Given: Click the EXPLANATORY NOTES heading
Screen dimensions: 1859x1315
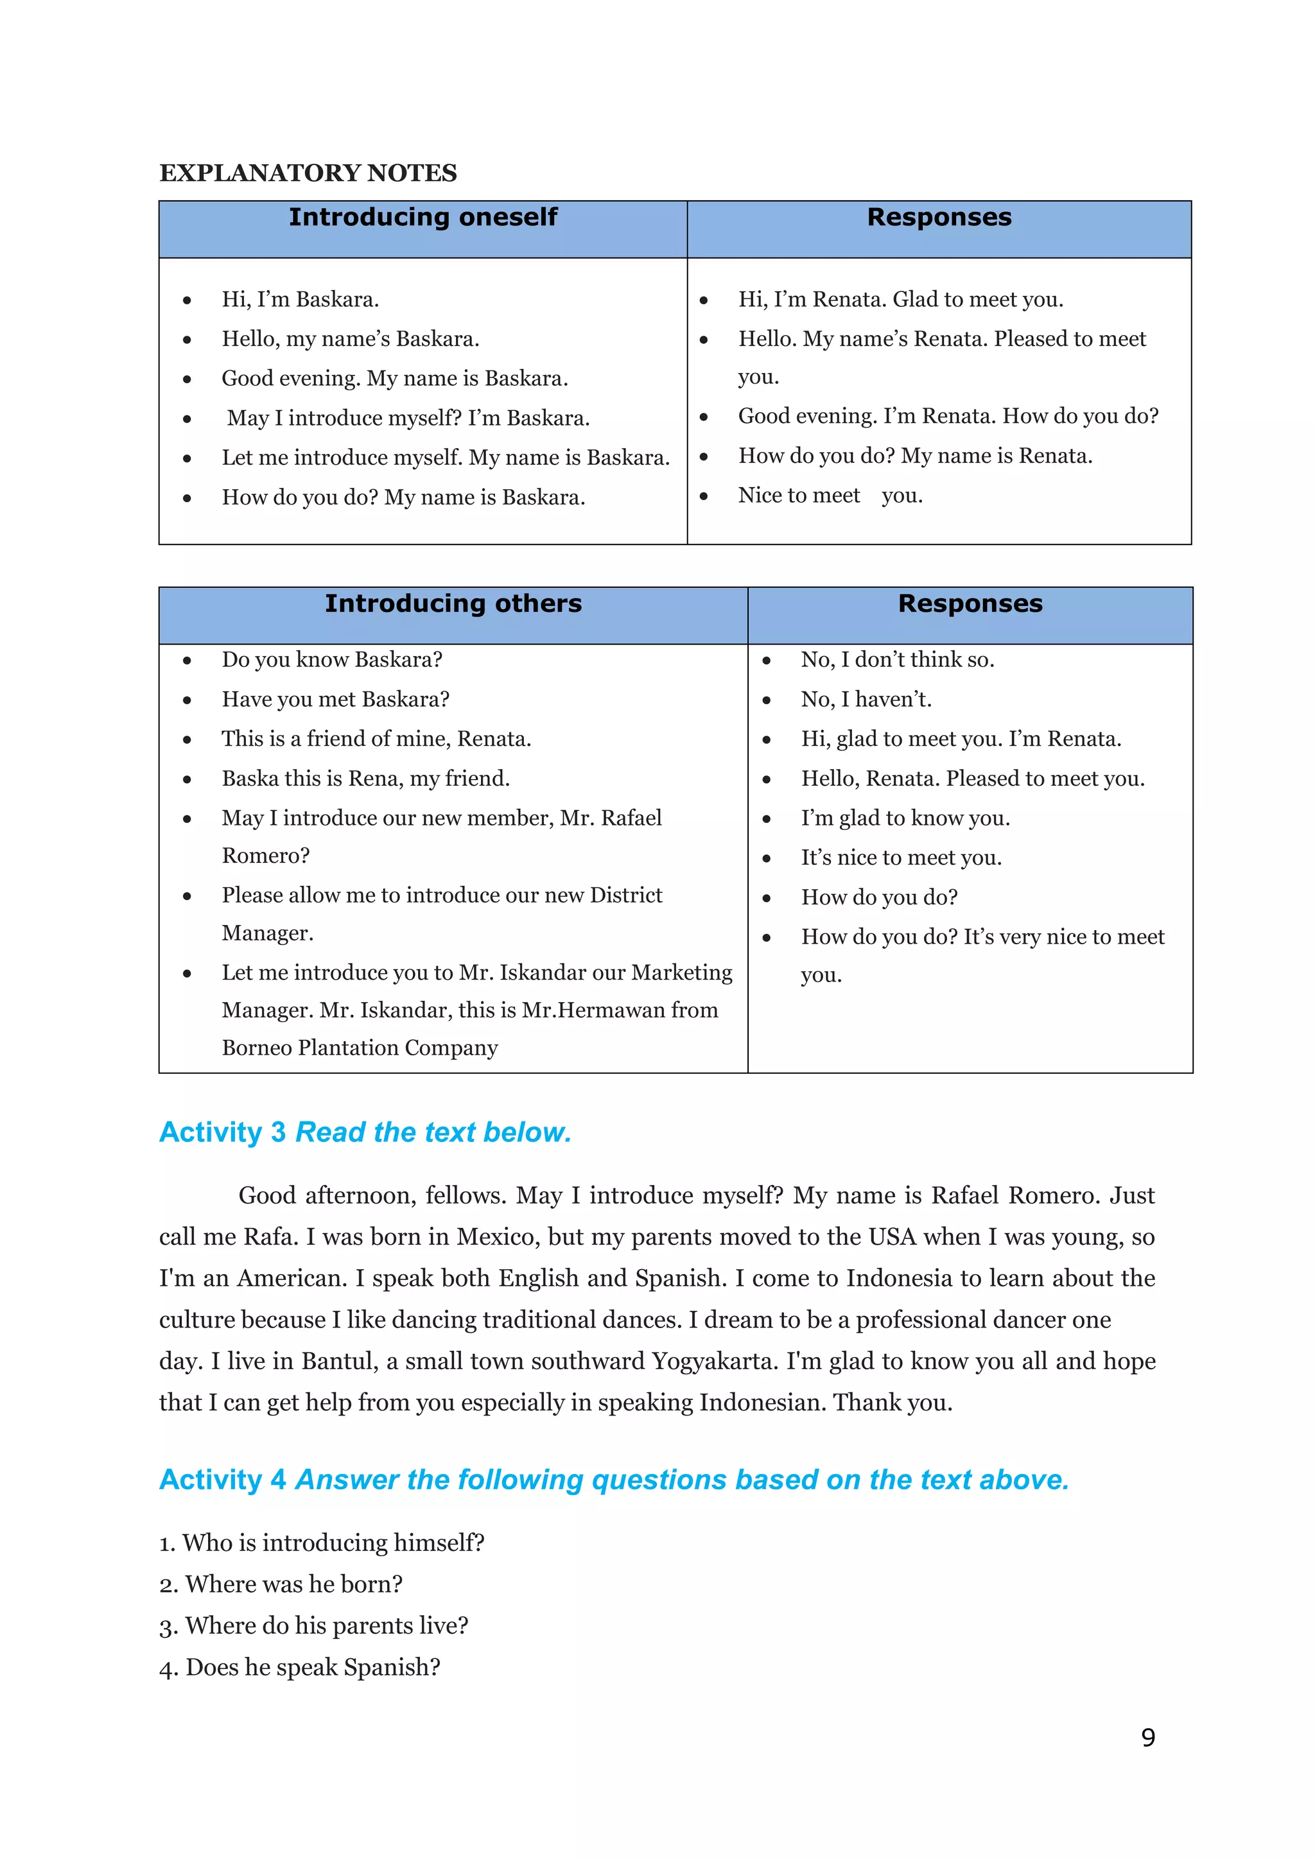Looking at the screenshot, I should pyautogui.click(x=308, y=173).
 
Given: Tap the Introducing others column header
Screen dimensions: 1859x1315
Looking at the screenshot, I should pyautogui.click(x=453, y=603).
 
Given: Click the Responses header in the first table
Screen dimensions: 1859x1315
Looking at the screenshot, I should pyautogui.click(x=939, y=217).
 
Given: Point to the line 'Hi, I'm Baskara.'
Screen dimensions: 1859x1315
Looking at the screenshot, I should pyautogui.click(x=300, y=300).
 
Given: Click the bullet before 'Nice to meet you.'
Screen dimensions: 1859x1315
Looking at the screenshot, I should pyautogui.click(x=704, y=496).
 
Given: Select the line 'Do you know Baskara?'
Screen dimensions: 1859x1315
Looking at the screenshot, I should pyautogui.click(x=332, y=659).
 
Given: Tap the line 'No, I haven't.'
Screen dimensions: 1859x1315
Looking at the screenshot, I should pyautogui.click(x=866, y=699).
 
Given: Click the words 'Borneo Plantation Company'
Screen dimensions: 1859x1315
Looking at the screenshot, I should pyautogui.click(x=360, y=1048).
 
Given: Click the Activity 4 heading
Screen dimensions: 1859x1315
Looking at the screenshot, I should pyautogui.click(x=614, y=1479).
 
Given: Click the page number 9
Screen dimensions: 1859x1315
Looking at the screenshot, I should pyautogui.click(x=1147, y=1738).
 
